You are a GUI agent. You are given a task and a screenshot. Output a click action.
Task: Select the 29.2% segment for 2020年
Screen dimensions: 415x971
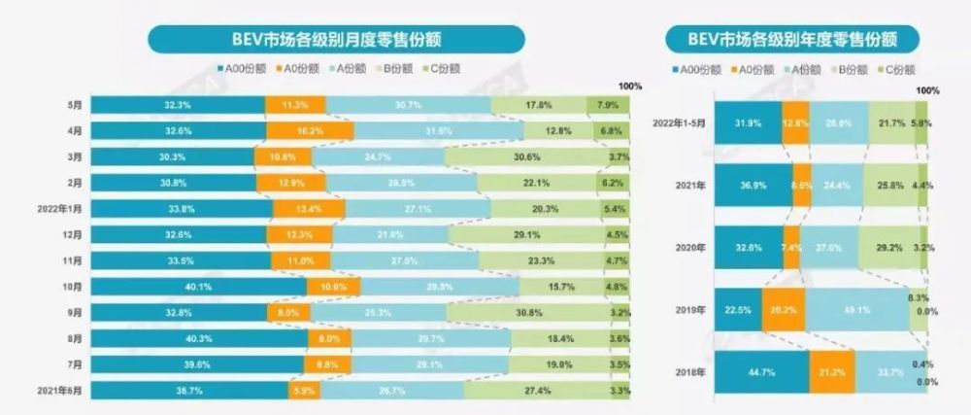tap(890, 247)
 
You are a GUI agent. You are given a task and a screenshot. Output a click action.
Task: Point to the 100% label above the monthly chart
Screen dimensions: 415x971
tap(630, 86)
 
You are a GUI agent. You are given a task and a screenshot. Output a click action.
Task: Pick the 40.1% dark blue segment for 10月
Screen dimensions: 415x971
tap(198, 286)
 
